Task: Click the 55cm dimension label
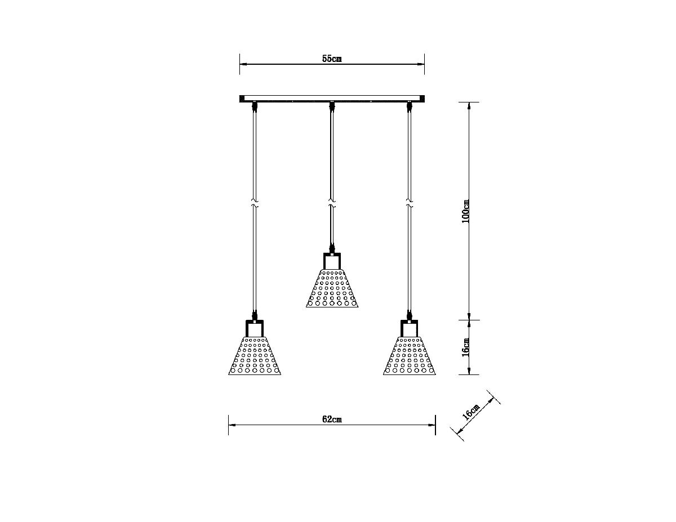pos(332,59)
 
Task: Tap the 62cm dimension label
pos(332,420)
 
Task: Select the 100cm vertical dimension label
pos(466,211)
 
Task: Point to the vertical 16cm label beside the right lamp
pos(466,347)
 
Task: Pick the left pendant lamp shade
pos(255,355)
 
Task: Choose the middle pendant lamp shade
pos(332,288)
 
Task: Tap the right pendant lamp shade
pos(409,355)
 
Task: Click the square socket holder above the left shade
pos(255,328)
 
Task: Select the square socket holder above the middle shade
pos(332,261)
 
